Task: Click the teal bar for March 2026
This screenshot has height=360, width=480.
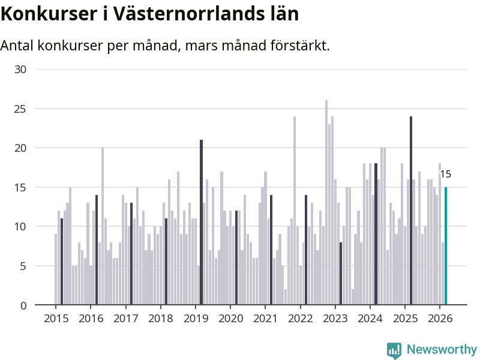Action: click(x=446, y=246)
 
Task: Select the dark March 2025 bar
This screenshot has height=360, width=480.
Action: click(x=411, y=210)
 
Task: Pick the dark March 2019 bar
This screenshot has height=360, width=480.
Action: click(x=202, y=222)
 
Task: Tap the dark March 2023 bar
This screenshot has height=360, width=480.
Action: click(x=341, y=274)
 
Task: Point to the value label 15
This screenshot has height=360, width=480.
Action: click(x=445, y=175)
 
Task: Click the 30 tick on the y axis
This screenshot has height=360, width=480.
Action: click(x=20, y=70)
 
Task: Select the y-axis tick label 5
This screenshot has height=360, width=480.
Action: click(x=23, y=266)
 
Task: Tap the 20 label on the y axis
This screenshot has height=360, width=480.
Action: click(x=20, y=148)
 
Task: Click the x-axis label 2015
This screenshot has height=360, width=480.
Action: click(x=56, y=318)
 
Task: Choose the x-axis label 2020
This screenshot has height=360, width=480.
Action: click(x=230, y=318)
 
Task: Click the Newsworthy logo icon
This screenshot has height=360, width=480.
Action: click(x=394, y=350)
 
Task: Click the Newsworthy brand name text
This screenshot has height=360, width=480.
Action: click(x=442, y=350)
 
